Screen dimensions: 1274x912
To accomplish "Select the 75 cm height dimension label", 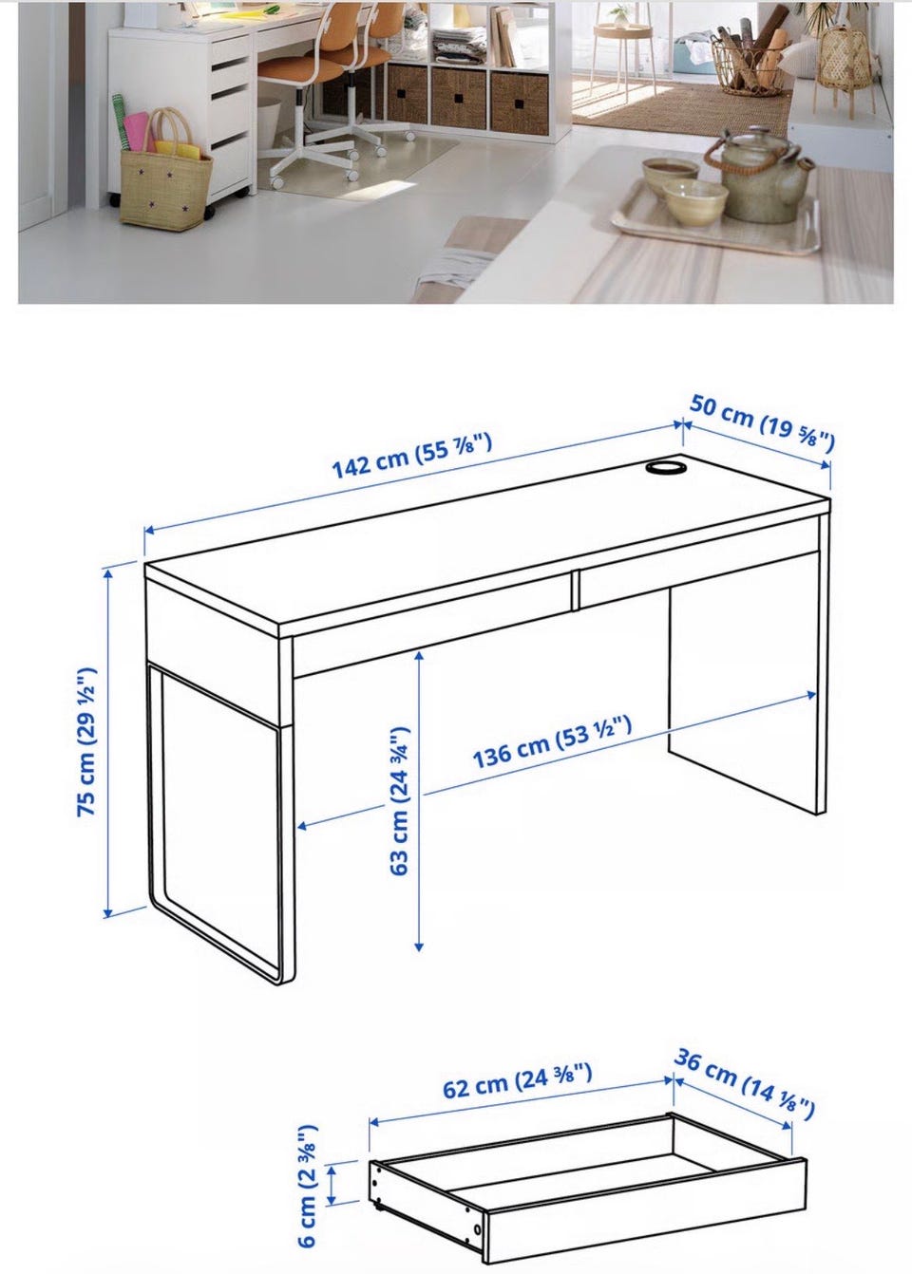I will coord(86,742).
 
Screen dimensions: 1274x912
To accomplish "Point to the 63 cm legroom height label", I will coord(400,799).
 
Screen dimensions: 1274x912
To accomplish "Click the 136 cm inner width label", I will coord(552,743).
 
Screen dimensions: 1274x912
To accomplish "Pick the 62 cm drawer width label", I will coord(518,1081).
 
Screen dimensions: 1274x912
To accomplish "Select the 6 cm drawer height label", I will coord(306,1186).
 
